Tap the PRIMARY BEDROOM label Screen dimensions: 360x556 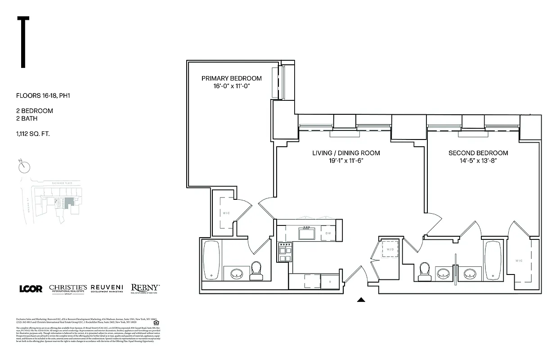click(231, 78)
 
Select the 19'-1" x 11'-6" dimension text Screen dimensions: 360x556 click(346, 161)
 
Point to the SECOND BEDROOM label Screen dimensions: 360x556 click(478, 153)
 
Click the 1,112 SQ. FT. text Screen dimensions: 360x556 click(34, 133)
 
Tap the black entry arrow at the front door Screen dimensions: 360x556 click(361, 299)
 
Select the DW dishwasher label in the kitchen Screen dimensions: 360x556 click(328, 233)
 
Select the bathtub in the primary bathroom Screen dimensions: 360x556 click(211, 261)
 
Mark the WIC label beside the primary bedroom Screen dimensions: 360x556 click(226, 213)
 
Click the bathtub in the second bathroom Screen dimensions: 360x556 click(492, 261)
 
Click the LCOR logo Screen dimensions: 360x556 click(31, 288)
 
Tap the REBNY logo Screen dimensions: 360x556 click(145, 288)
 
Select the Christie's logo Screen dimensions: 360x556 click(68, 288)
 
